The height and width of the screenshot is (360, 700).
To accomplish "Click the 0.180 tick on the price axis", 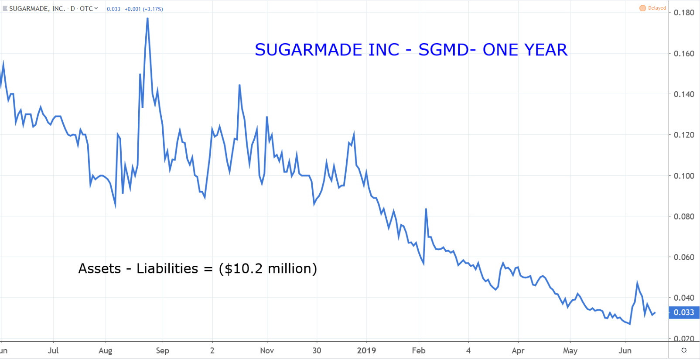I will point(683,13).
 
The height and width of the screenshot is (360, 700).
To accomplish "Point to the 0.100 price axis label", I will point(683,176).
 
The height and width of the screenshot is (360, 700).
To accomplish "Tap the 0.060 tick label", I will point(683,257).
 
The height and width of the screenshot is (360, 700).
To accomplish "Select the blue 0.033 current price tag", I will point(683,312).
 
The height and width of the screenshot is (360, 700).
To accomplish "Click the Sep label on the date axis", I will point(162,350).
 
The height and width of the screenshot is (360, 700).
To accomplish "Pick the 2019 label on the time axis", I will point(366,350).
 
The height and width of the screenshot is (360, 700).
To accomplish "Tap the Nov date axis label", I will point(267,350).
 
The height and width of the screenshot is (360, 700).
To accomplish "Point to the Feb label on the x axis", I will point(419,350).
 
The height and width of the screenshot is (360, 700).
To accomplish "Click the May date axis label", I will point(570,350).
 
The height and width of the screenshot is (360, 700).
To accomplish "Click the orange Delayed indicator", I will point(653,8).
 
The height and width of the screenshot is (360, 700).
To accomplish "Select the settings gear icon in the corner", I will point(684,350).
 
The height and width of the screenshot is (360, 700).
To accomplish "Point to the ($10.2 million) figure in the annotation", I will point(268,268).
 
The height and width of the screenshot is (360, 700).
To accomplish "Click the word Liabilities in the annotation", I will point(167,268).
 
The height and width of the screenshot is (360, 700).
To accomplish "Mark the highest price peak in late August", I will point(147,18).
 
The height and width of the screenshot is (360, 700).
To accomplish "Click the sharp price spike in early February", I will point(426,209).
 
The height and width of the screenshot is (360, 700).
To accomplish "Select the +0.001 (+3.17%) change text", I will point(144,9).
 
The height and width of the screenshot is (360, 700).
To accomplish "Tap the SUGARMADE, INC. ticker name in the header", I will point(37,8).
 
